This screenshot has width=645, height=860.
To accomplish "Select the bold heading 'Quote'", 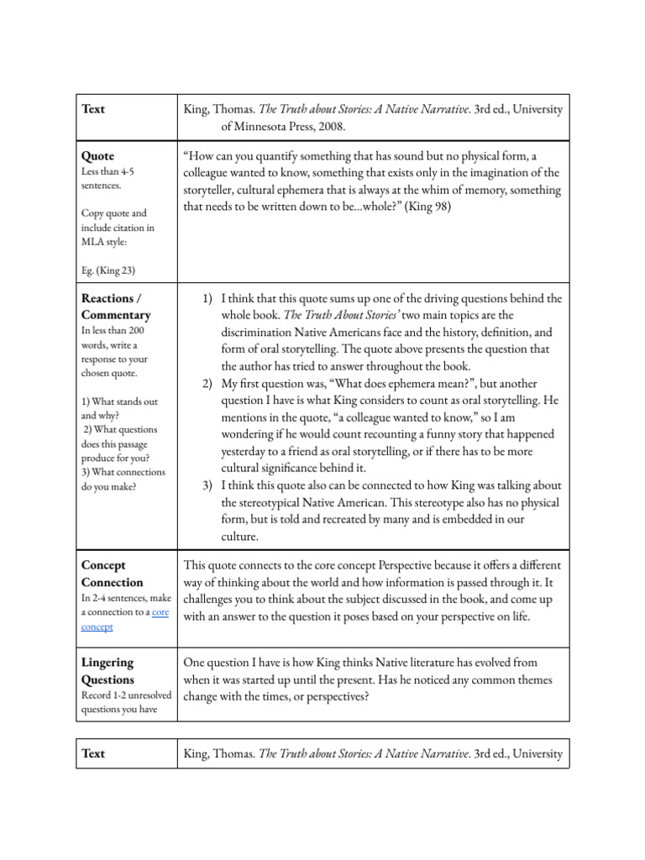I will click(x=97, y=156).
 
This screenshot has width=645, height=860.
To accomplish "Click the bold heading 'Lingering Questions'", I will click(x=108, y=671).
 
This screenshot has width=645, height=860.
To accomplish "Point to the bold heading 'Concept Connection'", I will click(x=112, y=574).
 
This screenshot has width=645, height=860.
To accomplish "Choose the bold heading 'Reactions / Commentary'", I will click(x=116, y=307).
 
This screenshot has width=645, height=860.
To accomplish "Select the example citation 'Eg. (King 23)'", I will click(x=108, y=270).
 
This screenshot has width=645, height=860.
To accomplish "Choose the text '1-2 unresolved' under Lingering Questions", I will click(x=145, y=695).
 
